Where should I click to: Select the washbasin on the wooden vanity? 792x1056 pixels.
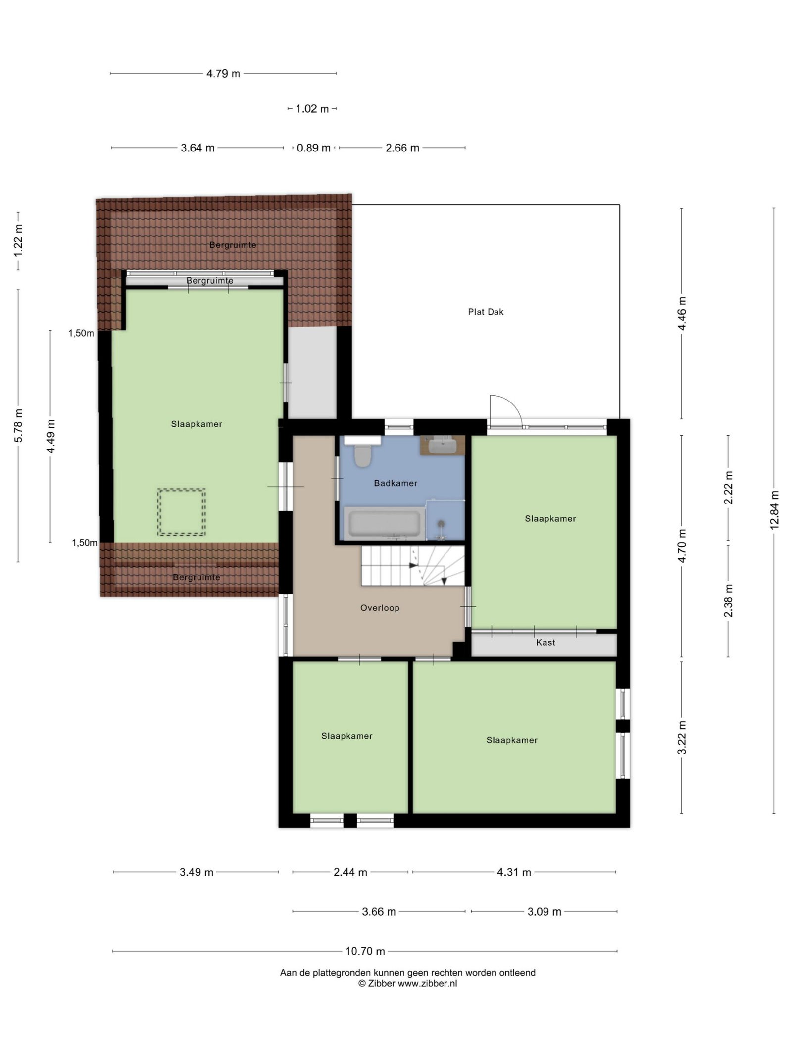pyautogui.click(x=442, y=446)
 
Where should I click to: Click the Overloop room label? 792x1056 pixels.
pyautogui.click(x=380, y=608)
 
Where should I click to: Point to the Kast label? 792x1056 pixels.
pyautogui.click(x=545, y=642)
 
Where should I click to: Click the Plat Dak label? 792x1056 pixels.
pyautogui.click(x=486, y=312)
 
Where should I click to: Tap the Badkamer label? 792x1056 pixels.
pyautogui.click(x=396, y=483)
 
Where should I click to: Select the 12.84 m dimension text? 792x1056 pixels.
pyautogui.click(x=775, y=510)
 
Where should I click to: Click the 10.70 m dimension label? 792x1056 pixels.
pyautogui.click(x=365, y=951)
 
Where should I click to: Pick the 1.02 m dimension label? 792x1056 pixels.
pyautogui.click(x=312, y=109)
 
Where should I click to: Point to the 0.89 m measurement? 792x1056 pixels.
pyautogui.click(x=313, y=148)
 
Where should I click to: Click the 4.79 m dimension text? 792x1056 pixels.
pyautogui.click(x=223, y=74)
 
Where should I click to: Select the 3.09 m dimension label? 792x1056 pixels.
pyautogui.click(x=544, y=912)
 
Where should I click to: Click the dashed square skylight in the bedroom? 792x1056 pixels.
pyautogui.click(x=182, y=512)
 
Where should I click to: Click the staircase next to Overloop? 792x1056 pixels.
pyautogui.click(x=413, y=566)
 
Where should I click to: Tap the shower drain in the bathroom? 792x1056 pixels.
pyautogui.click(x=441, y=523)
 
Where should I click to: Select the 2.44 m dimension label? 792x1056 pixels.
pyautogui.click(x=350, y=872)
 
